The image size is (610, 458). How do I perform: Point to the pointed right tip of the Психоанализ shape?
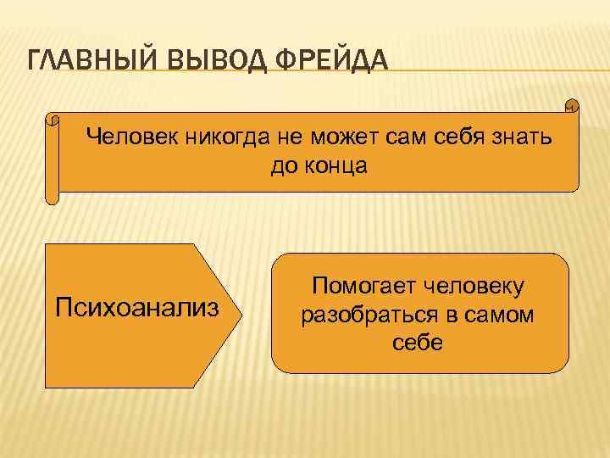242,304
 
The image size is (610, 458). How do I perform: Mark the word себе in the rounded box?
417,344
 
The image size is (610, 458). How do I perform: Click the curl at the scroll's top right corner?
572,107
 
